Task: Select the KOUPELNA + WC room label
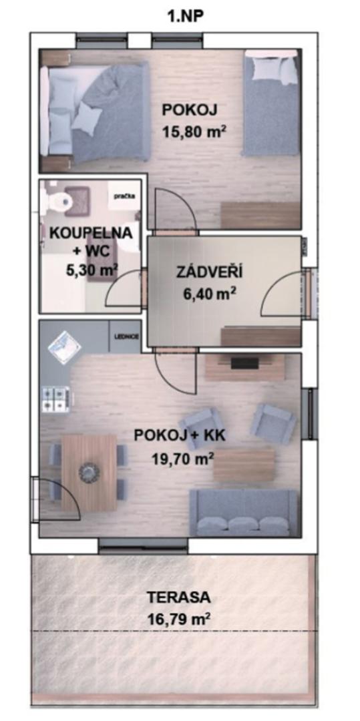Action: (91, 242)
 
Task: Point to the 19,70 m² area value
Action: (183, 458)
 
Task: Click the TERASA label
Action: (179, 598)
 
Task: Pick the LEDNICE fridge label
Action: (125, 336)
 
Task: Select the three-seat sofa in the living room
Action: (244, 513)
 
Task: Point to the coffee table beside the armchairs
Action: (244, 465)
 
